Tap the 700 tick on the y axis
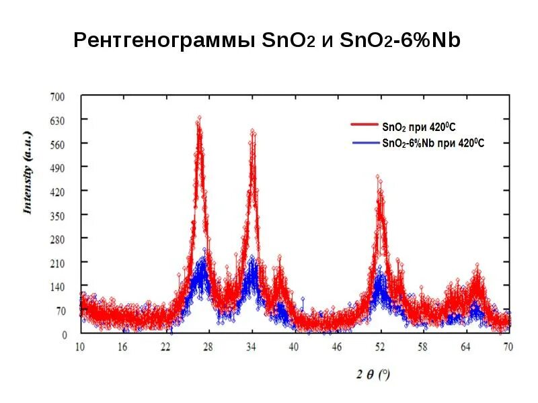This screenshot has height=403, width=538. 59,97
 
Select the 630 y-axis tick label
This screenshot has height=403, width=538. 59,120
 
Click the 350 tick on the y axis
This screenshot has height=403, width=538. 59,215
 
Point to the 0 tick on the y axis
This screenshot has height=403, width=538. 65,334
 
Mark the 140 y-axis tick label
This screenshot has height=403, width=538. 59,287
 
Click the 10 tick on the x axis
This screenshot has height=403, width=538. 79,347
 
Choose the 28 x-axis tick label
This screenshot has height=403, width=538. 208,347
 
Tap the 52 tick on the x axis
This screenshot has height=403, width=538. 380,347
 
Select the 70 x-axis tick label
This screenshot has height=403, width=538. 508,347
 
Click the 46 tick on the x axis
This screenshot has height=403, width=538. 337,347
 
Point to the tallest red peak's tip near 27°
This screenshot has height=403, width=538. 199,118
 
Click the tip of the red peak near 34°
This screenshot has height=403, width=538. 252,130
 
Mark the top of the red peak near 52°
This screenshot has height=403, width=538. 378,177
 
